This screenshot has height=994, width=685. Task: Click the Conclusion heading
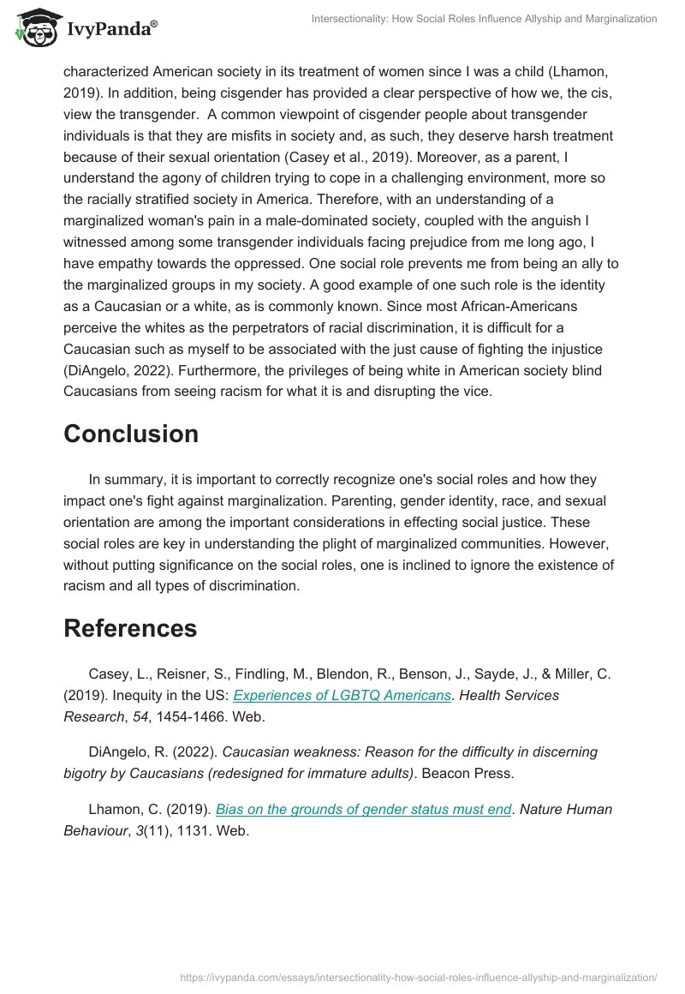click(x=131, y=434)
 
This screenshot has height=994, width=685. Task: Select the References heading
click(x=130, y=628)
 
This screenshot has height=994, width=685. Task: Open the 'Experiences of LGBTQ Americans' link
click(x=342, y=695)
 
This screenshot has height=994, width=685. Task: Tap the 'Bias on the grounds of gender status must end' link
click(x=363, y=809)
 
